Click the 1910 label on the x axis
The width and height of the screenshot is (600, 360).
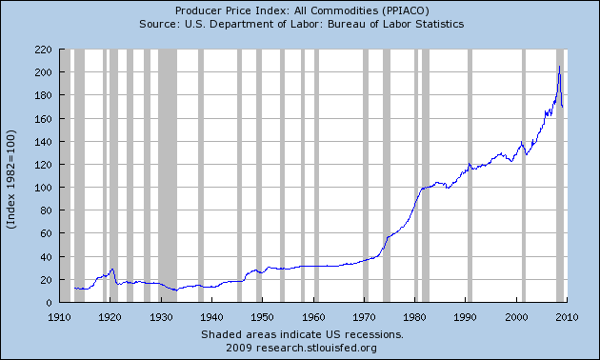59,316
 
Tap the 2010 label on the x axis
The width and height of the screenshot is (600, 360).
568,316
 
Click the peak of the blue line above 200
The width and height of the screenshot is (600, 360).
559,67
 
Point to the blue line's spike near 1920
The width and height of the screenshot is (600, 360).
112,270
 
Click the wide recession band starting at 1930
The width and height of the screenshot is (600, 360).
168,175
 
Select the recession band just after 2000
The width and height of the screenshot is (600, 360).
525,175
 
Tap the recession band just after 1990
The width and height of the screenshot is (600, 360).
470,175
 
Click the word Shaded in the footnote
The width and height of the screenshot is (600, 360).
221,335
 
